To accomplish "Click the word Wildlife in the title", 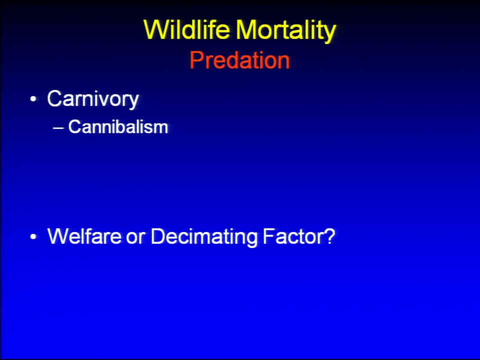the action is click(x=186, y=29).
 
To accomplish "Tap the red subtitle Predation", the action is click(x=239, y=60).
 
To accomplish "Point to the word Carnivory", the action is click(x=93, y=99).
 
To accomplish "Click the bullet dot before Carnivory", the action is click(x=33, y=99).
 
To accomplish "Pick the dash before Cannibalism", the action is click(x=58, y=128).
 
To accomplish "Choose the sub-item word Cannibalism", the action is click(x=118, y=126).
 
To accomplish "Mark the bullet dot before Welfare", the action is click(x=33, y=236).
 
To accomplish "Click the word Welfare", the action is click(x=84, y=236).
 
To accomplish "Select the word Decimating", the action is click(x=204, y=237).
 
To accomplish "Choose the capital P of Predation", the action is click(x=196, y=60).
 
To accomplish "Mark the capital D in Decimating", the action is click(x=158, y=236).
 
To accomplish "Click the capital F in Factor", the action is click(x=269, y=236).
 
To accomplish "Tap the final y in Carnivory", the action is click(x=132, y=102).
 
